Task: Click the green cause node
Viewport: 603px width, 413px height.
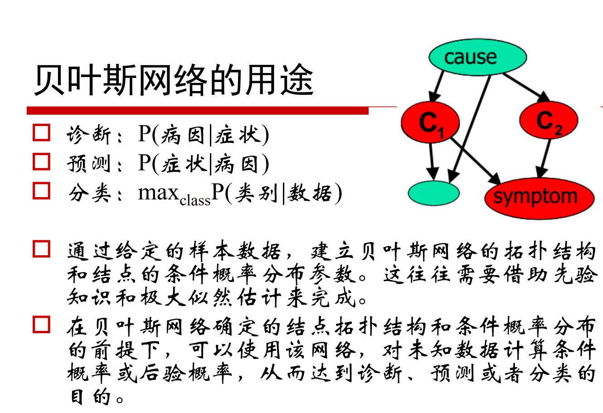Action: (477, 57)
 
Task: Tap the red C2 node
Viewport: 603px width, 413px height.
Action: (549, 121)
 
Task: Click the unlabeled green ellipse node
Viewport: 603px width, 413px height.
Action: (433, 193)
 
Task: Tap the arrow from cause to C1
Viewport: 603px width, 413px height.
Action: (438, 86)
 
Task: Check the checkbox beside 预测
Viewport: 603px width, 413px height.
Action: (42, 162)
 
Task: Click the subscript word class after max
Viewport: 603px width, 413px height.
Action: (195, 200)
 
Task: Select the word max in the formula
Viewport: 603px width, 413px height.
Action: (158, 193)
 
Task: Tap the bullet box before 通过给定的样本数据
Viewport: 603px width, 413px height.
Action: (42, 249)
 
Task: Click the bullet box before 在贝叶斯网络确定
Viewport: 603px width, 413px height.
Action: (42, 325)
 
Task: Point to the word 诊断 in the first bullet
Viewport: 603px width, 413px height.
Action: (89, 135)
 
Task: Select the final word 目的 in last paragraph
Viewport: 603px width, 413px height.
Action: (91, 397)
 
